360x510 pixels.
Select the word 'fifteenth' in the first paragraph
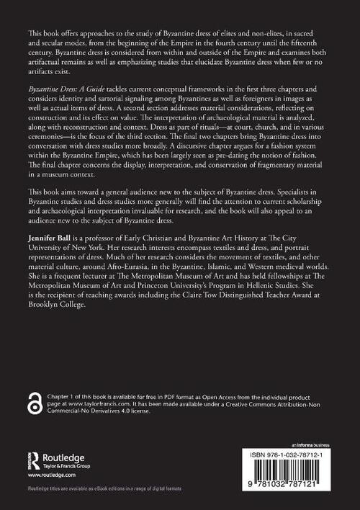click(x=315, y=43)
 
